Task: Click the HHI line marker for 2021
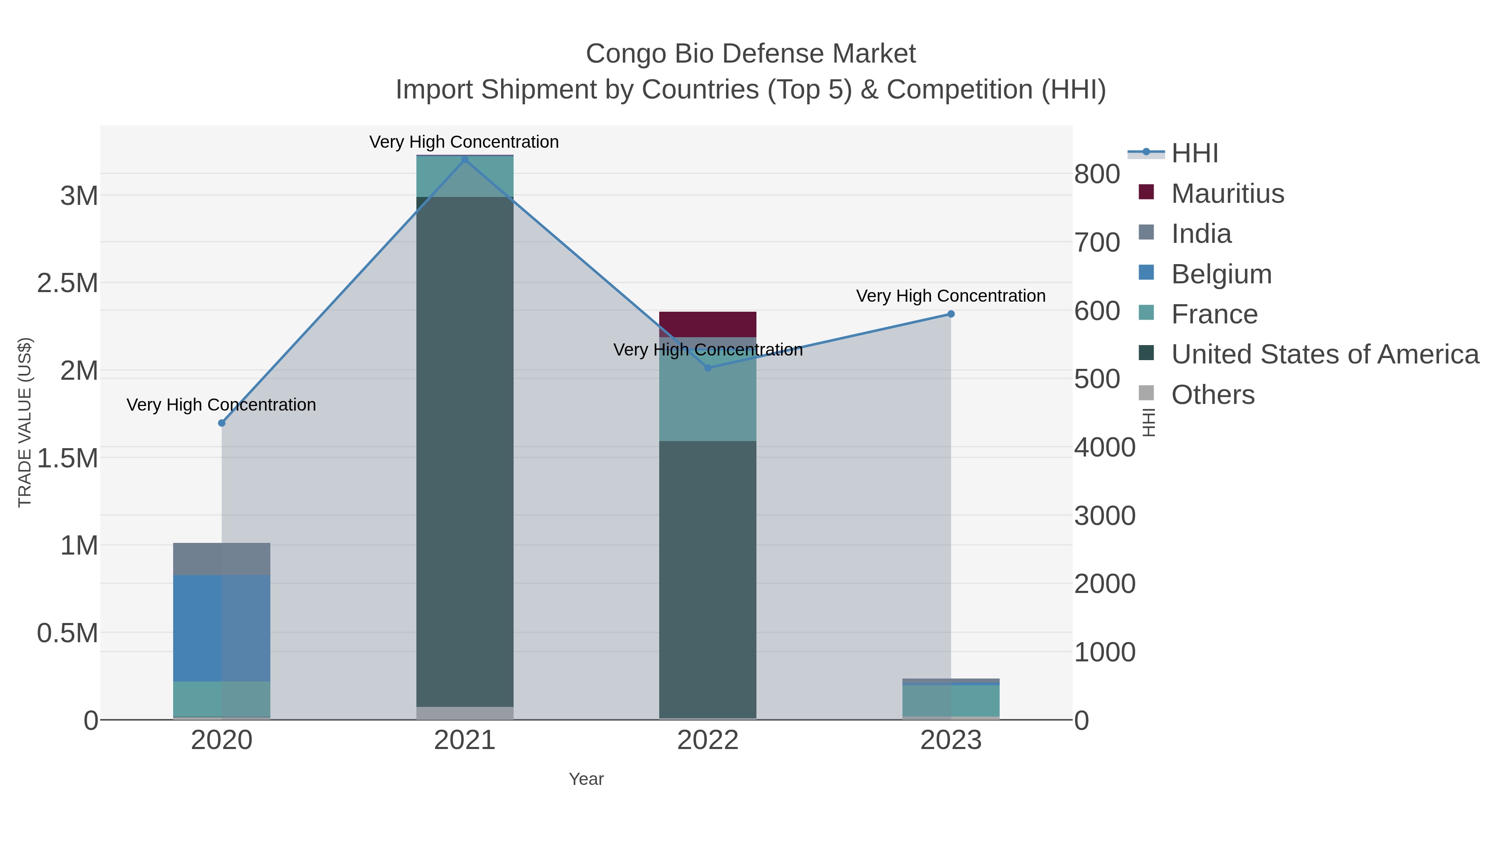(465, 160)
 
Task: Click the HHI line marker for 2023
(950, 314)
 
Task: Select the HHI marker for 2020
(222, 423)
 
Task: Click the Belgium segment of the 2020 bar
(222, 628)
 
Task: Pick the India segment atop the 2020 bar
(222, 559)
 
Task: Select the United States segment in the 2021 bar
(465, 452)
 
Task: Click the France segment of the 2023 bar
(950, 700)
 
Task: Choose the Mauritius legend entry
(1227, 194)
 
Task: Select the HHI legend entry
(1194, 154)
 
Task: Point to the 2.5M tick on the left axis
(68, 283)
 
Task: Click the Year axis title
(586, 779)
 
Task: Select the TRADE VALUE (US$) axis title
(25, 422)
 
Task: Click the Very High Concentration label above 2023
(950, 296)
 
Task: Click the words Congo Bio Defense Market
(751, 54)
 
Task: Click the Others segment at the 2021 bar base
(465, 713)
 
